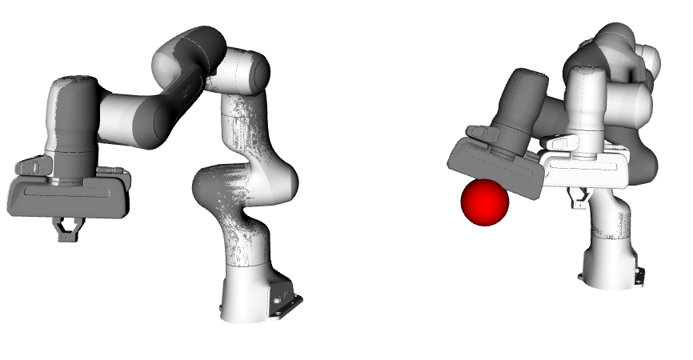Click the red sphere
(485, 202)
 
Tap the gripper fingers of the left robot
(66, 230)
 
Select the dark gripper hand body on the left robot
(68, 196)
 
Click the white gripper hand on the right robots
(584, 168)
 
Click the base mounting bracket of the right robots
(637, 272)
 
